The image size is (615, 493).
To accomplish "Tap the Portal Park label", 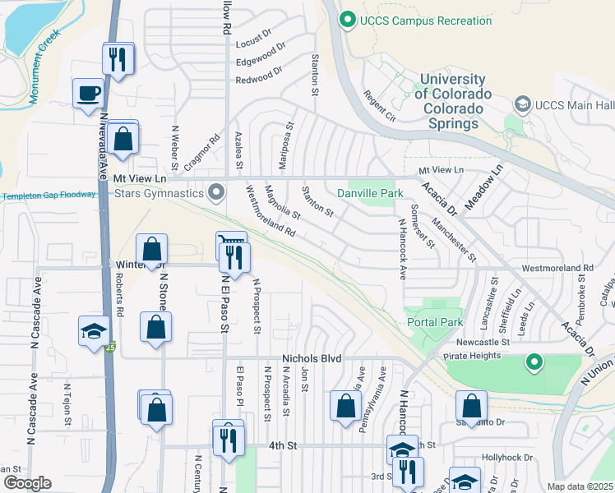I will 435,323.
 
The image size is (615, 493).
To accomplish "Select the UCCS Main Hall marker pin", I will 522,105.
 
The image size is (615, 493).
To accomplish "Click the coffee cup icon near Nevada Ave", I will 88,93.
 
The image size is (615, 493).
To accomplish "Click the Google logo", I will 26,483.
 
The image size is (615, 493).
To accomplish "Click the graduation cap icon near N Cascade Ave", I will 94,331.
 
